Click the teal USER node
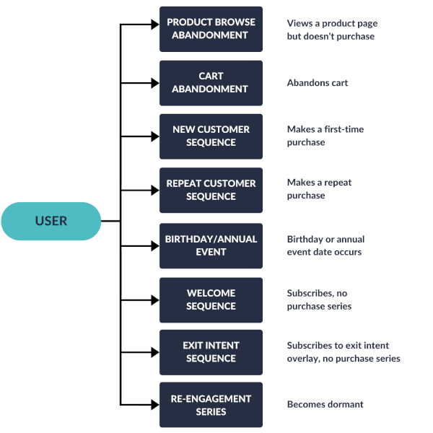51,221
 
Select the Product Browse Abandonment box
211,29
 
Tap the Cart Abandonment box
211,82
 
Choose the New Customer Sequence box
211,136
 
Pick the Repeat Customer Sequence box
211,190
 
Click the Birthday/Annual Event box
211,245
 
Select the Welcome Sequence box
211,299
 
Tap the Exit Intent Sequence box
211,351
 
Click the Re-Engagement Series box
211,405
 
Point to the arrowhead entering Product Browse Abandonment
154,25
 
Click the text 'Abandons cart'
318,83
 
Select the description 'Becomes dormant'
325,405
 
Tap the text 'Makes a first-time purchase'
325,136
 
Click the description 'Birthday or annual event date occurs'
325,245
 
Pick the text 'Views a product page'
331,23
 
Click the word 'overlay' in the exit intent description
304,359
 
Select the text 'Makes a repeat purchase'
319,189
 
